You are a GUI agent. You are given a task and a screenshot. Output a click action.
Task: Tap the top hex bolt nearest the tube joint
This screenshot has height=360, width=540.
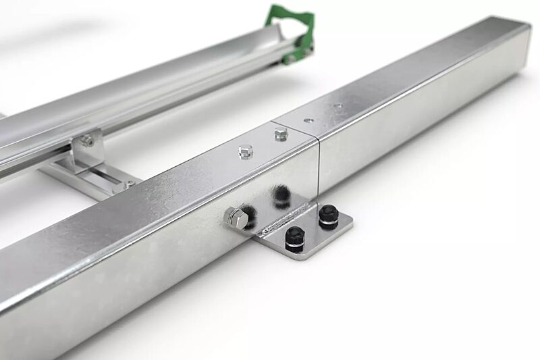coord(280,134)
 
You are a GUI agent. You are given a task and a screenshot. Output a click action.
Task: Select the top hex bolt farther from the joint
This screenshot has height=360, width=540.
coord(244,152)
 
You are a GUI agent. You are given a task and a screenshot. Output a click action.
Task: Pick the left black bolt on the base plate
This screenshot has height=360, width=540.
coord(294,236)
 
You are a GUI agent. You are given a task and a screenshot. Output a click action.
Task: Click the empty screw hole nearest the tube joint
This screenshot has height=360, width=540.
coord(308,120)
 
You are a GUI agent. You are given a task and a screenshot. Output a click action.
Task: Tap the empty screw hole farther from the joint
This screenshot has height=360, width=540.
coord(338,105)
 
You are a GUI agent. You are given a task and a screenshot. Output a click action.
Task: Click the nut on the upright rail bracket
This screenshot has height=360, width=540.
coord(86,140)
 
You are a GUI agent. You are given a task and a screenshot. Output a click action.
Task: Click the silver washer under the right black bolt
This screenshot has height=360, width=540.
coord(329,223)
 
